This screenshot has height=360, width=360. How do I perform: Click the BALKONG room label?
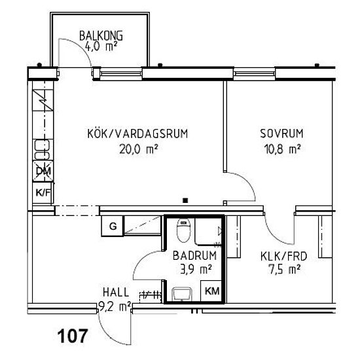tap(101, 35)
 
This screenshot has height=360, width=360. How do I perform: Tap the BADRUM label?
tap(192, 256)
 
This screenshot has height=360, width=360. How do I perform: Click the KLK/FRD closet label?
tap(275, 256)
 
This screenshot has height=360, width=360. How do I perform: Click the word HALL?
tap(115, 293)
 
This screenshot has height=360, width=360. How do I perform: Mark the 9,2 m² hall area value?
tap(115, 304)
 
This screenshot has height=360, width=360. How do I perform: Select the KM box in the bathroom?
tap(211, 291)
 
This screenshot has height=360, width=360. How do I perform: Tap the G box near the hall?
tap(113, 226)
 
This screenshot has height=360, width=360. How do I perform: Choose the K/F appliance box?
tap(43, 192)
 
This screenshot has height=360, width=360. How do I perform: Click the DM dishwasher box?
tap(43, 171)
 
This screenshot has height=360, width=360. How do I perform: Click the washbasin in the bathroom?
tap(181, 293)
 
